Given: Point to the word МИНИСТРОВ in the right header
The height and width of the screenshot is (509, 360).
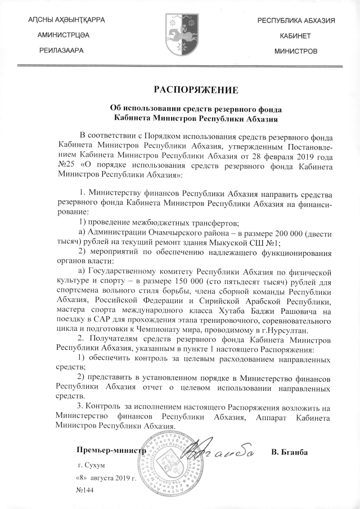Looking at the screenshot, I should (295, 51).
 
